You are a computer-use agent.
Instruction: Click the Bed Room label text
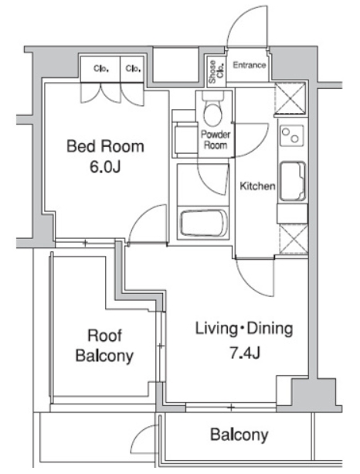(x=105, y=146)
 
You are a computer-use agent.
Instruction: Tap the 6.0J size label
(x=105, y=166)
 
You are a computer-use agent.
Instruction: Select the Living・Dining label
(x=244, y=329)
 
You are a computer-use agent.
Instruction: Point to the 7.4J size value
(x=245, y=353)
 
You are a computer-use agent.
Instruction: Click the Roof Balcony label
(x=104, y=346)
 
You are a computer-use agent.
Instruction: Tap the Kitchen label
(x=257, y=186)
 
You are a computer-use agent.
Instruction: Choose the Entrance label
(x=250, y=65)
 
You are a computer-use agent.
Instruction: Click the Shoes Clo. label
(x=216, y=72)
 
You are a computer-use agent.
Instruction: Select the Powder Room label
(x=216, y=140)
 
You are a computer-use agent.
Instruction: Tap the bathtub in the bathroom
(x=204, y=223)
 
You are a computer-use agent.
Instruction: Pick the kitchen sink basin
(x=293, y=182)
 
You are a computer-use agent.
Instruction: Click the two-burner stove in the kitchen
(x=291, y=136)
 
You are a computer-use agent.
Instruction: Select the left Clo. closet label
(x=101, y=69)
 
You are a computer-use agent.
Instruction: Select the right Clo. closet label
(x=133, y=69)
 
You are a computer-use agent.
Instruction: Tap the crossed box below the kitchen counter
(x=294, y=239)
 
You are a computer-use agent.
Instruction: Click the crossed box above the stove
(x=290, y=97)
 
